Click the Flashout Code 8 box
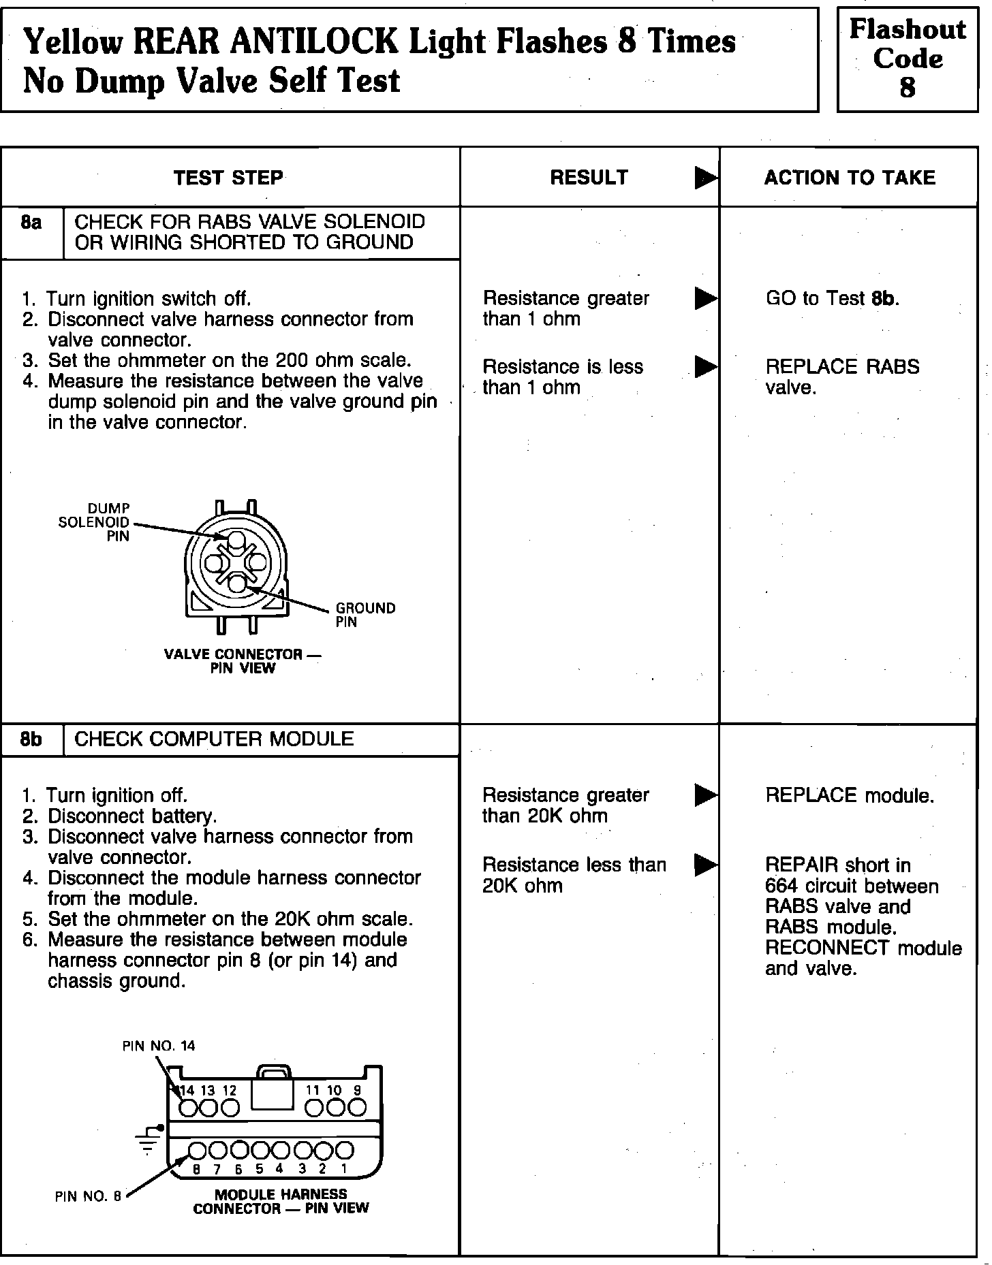[907, 59]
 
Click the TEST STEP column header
[228, 178]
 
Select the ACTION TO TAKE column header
[850, 178]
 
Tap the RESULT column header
[589, 178]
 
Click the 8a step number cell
[31, 223]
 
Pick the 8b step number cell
[31, 739]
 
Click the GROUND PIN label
[365, 615]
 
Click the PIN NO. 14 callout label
[159, 1046]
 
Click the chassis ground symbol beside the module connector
[148, 1141]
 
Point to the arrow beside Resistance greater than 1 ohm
[706, 298]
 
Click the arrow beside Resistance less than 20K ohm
[706, 865]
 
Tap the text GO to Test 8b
[832, 298]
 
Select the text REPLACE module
[850, 795]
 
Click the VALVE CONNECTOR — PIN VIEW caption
[242, 661]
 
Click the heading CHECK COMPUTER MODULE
[214, 739]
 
